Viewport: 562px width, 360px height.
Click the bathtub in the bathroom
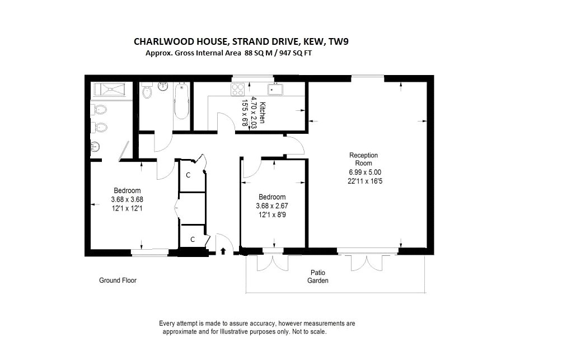pyautogui.click(x=182, y=101)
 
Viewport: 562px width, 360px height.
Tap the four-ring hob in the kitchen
pyautogui.click(x=238, y=89)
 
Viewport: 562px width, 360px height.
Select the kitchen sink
pyautogui.click(x=275, y=89)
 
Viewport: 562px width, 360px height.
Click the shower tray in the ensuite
pyautogui.click(x=109, y=90)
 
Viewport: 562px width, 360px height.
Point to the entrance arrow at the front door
pyautogui.click(x=223, y=251)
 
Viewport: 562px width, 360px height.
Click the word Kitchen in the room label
pyautogui.click(x=263, y=113)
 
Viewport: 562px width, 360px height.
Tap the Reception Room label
pyautogui.click(x=363, y=159)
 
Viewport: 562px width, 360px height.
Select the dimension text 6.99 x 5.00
pyautogui.click(x=365, y=172)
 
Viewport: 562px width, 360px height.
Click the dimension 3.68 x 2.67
pyautogui.click(x=272, y=206)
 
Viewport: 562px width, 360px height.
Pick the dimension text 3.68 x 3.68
pyautogui.click(x=127, y=199)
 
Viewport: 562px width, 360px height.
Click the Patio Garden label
pyautogui.click(x=318, y=277)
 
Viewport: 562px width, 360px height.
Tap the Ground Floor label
pyautogui.click(x=118, y=280)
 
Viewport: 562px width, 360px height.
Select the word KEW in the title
pyautogui.click(x=313, y=42)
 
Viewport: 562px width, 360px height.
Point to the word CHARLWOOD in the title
pyautogui.click(x=159, y=42)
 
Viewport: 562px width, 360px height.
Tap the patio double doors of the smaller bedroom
pyautogui.click(x=273, y=263)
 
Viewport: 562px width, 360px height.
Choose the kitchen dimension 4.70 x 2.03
pyautogui.click(x=254, y=113)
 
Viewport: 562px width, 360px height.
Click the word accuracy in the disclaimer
pyautogui.click(x=263, y=324)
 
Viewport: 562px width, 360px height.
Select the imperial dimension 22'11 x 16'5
pyautogui.click(x=365, y=181)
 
